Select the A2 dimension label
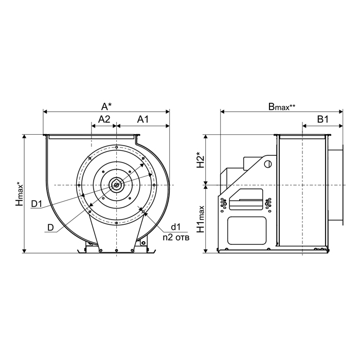click(x=104, y=119)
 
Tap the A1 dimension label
click(x=143, y=119)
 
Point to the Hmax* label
click(x=20, y=194)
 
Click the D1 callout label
click(x=37, y=204)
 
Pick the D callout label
click(x=50, y=227)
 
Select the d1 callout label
click(x=176, y=227)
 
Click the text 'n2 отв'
click(x=176, y=238)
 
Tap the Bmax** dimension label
click(x=282, y=106)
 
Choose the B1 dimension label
click(x=322, y=119)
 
